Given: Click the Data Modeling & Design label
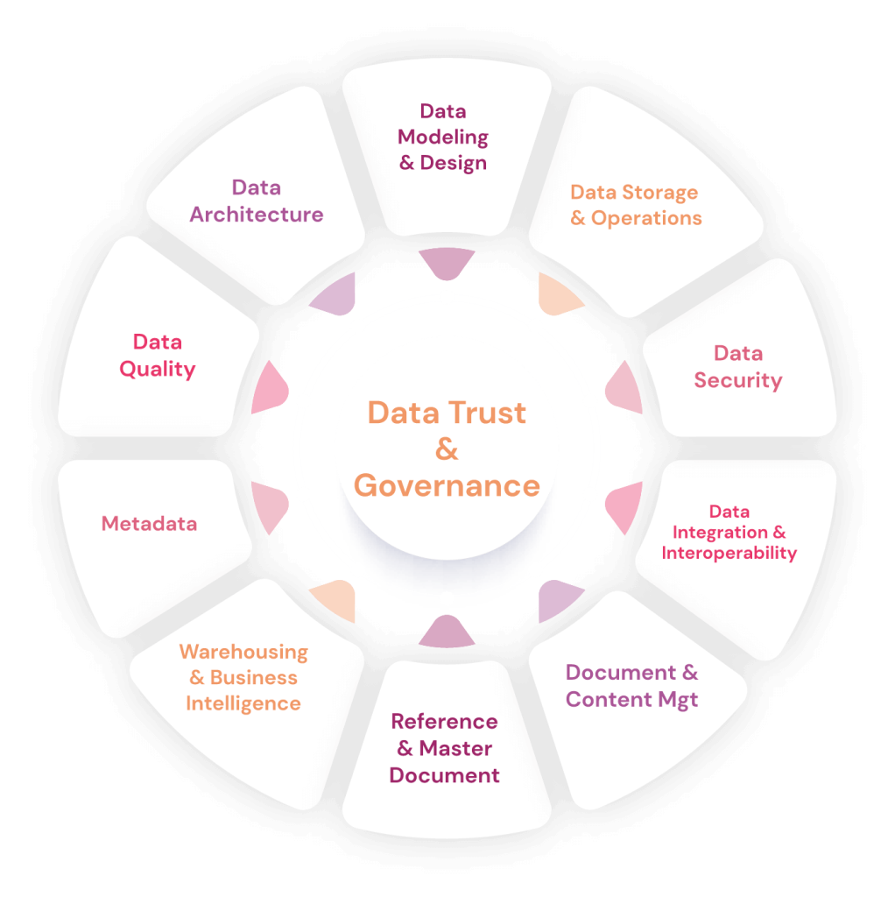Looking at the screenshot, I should click(443, 137).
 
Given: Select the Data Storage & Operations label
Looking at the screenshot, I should click(636, 205).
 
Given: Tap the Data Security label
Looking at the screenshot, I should click(737, 367).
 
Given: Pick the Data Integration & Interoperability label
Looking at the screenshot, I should click(729, 532).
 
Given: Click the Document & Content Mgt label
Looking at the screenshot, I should click(631, 686).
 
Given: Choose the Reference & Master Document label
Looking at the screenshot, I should click(444, 748).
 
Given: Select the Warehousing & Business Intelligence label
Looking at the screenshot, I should click(243, 677).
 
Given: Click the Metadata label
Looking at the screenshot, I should click(149, 524).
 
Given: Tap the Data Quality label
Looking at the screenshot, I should click(158, 355).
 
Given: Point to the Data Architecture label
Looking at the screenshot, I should click(257, 201).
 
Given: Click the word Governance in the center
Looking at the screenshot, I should click(447, 484).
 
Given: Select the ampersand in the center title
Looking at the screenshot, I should click(447, 449).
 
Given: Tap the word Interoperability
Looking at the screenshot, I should click(729, 553).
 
